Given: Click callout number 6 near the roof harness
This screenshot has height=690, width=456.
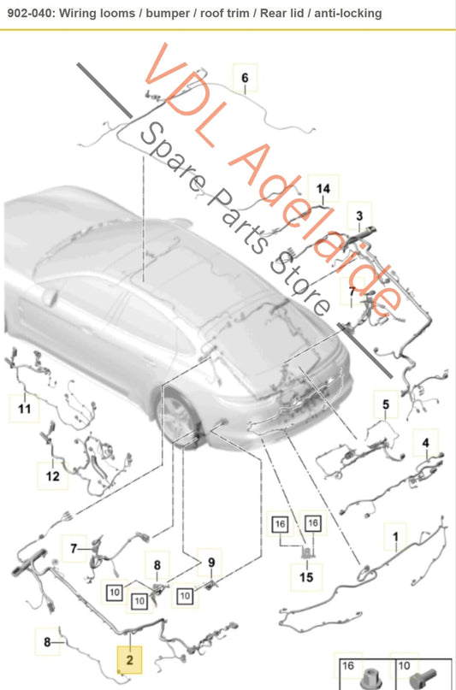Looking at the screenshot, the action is (x=245, y=78).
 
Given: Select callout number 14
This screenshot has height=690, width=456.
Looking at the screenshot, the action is (x=323, y=189).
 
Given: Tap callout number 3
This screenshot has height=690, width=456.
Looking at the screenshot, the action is (x=359, y=215).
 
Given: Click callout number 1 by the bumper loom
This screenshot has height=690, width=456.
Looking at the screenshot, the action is (x=395, y=537).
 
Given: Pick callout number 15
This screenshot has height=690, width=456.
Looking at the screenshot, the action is (x=306, y=576).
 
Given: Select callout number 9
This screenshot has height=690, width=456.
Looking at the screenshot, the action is (x=211, y=563).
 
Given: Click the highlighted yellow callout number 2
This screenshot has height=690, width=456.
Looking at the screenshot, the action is (x=129, y=659).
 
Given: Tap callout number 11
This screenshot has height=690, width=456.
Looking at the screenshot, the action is (x=25, y=409).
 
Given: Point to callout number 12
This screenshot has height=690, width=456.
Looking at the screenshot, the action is (x=52, y=476).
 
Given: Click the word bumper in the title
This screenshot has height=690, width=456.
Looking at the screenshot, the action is (x=168, y=13).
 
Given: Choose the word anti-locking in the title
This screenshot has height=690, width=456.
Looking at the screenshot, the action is (x=348, y=14).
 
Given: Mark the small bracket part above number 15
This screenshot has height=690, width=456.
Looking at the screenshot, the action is (x=306, y=551).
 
